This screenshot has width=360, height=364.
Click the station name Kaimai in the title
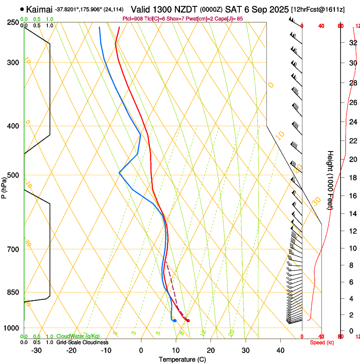point(39,9)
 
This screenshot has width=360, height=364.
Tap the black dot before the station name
point(22,9)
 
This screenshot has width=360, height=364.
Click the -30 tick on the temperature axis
point(36,350)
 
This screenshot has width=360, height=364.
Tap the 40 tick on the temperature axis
point(280,350)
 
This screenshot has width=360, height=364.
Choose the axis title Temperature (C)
point(182,359)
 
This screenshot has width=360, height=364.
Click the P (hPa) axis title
point(4,186)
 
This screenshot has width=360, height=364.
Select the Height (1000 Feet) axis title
point(330,180)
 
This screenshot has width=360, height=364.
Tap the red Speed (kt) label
point(322,342)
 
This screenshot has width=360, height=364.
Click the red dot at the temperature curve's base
point(188,320)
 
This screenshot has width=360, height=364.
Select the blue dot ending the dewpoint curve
point(174,320)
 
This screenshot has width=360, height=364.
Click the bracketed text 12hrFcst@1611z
point(316,9)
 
